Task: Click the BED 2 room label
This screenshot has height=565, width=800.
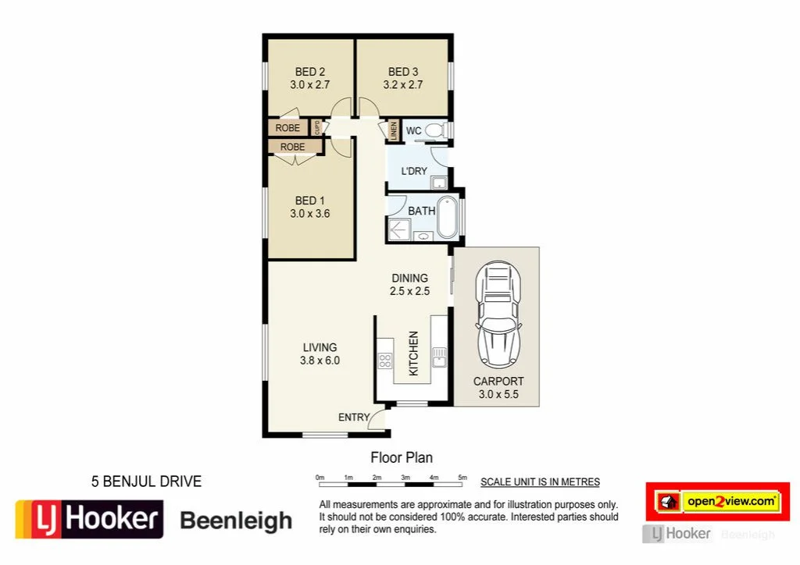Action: [310, 72]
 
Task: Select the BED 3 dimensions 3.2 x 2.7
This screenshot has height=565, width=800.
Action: [403, 85]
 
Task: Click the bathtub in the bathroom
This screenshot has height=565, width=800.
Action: [448, 218]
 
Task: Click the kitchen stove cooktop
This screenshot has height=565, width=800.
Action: [385, 360]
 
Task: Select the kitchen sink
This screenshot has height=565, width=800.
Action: [439, 357]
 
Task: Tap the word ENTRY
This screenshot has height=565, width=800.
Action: [353, 418]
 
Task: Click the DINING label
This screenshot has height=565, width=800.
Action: [410, 278]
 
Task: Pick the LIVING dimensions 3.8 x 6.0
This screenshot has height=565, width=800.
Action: [320, 361]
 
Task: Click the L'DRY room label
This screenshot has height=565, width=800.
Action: [414, 171]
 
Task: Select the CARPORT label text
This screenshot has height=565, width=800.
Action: [498, 382]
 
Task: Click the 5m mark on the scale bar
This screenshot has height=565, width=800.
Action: [462, 476]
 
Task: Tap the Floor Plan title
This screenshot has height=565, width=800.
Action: [401, 458]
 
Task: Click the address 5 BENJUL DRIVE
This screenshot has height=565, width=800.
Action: [146, 481]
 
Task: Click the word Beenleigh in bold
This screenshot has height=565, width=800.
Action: [236, 521]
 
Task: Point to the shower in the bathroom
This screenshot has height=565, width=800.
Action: [399, 229]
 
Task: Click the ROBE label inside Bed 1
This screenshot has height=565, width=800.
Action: [293, 147]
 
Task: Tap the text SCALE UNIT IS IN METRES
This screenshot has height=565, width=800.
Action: [540, 482]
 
